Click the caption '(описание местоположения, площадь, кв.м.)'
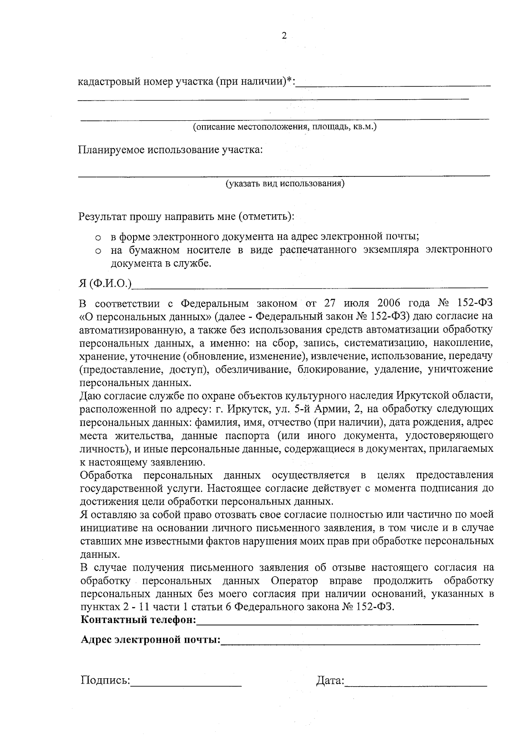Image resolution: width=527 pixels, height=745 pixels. point(285,127)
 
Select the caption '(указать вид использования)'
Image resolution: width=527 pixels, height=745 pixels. point(285,184)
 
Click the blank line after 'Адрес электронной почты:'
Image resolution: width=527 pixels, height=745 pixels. point(350,642)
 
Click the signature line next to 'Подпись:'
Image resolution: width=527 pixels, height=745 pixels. point(186,684)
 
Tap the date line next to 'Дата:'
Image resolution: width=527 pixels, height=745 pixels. point(416,684)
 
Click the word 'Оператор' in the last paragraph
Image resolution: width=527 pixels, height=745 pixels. point(294,581)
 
